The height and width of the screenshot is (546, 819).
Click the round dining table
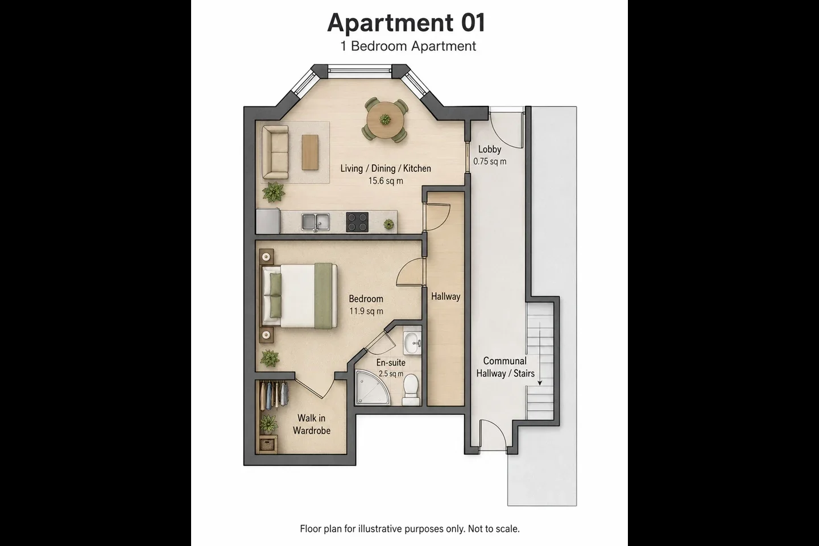[385, 119]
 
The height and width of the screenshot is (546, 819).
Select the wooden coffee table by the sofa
[310, 152]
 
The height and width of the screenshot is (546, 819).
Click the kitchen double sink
[316, 222]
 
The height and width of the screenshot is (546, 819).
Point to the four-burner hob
[357, 222]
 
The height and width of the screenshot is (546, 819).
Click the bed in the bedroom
[299, 296]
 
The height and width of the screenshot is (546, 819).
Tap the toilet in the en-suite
[411, 390]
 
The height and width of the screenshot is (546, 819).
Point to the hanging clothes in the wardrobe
[274, 395]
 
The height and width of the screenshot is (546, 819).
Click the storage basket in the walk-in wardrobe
[267, 444]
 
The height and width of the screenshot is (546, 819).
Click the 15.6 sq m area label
[386, 181]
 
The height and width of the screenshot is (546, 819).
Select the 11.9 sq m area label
[366, 311]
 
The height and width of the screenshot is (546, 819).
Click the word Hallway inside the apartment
[445, 296]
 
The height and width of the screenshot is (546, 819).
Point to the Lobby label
[490, 149]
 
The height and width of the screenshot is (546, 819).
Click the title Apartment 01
[406, 23]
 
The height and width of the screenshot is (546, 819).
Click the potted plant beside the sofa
[273, 192]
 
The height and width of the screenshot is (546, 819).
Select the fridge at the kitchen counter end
[268, 221]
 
